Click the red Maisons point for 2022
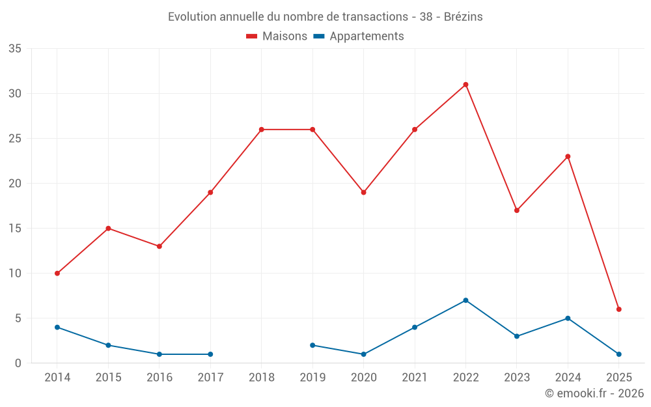point(465,85)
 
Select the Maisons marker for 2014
point(57,274)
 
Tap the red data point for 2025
point(619,309)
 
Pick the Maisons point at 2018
point(262,130)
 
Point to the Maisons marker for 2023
point(517,210)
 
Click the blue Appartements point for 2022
point(465,300)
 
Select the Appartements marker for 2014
point(57,327)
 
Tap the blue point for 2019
point(312,345)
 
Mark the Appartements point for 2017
point(210,354)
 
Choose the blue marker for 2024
point(568,318)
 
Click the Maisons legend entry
point(277,36)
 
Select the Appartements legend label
point(366,36)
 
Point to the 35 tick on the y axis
point(14,49)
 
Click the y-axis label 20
point(14,184)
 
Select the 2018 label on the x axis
point(262,378)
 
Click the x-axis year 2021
point(415,378)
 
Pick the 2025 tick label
point(619,378)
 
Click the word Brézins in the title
point(463,17)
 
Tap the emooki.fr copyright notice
point(594,393)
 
